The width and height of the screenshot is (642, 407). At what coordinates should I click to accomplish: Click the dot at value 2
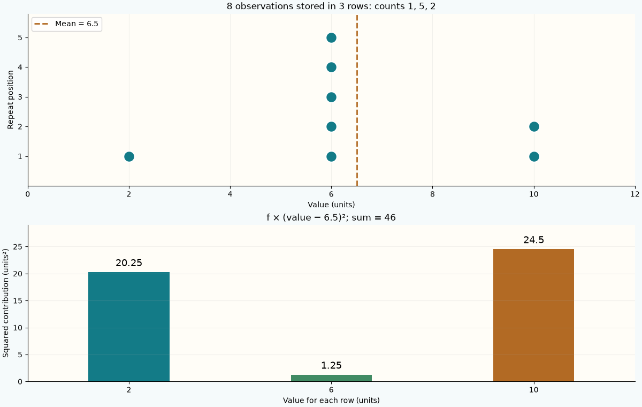129,156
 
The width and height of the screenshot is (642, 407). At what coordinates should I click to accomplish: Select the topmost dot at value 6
331,37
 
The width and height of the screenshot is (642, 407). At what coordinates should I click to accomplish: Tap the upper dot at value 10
534,126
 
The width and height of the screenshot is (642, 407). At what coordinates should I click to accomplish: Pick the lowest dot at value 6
331,156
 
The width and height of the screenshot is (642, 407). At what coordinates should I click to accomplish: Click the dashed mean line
357,100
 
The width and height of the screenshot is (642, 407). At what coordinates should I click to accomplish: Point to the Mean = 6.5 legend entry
66,24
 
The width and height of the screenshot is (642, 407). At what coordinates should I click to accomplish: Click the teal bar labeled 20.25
129,327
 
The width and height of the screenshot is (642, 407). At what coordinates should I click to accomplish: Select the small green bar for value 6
331,378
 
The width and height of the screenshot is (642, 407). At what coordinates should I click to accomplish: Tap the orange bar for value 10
534,315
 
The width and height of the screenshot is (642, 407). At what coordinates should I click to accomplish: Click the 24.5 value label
534,240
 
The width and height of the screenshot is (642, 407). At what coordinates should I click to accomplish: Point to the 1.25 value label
331,365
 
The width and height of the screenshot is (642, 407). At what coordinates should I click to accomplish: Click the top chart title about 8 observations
331,6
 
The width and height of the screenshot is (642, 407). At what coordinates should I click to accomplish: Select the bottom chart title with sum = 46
331,217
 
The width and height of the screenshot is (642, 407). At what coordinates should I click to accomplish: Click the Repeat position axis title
10,100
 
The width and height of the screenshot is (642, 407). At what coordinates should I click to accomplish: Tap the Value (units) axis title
331,205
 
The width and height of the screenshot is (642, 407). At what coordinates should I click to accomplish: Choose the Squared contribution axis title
5,303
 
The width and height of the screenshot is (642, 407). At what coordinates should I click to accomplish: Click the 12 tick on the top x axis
635,194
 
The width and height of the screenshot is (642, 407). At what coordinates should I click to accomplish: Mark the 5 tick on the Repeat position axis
20,37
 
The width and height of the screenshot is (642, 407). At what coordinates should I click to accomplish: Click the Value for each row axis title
331,400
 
